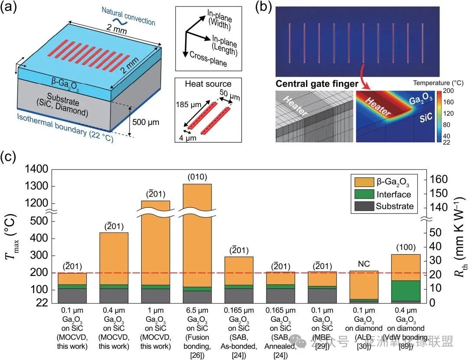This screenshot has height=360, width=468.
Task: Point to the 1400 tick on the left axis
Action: point(38,170)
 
